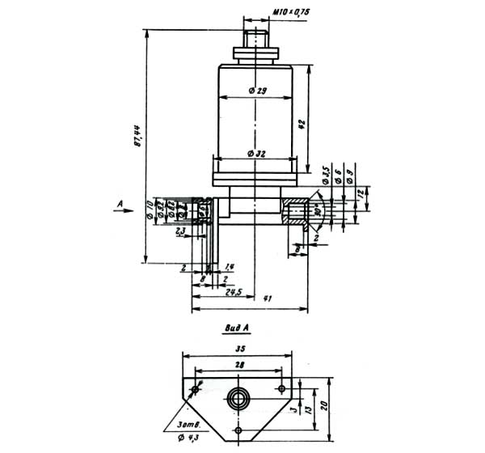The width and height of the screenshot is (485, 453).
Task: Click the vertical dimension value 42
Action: click(301, 123)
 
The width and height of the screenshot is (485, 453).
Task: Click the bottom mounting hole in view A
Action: click(238, 430)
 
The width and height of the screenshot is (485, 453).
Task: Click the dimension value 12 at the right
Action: click(366, 195)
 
